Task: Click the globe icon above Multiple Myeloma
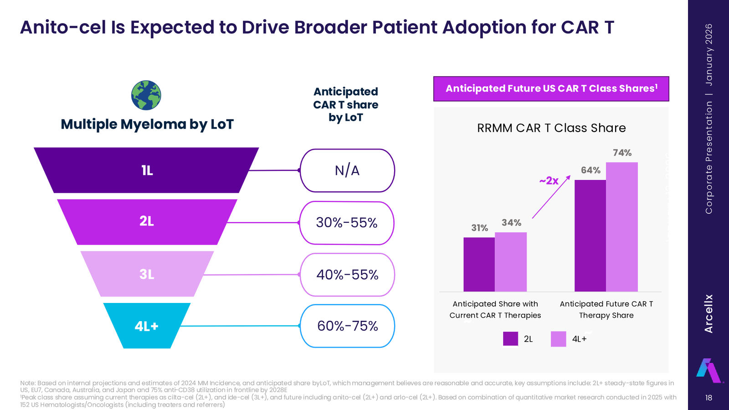(x=146, y=95)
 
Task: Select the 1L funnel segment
(x=146, y=170)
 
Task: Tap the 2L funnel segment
(x=147, y=222)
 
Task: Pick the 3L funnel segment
(x=147, y=274)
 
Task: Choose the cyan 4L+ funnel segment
(x=147, y=326)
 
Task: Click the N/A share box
(x=347, y=170)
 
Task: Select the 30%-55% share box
(x=347, y=223)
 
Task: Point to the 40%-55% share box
(x=347, y=275)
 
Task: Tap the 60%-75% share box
(x=347, y=326)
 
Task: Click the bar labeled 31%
(x=479, y=265)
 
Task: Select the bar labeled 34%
(x=511, y=262)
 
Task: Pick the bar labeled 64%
(x=590, y=236)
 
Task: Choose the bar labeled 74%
(x=621, y=227)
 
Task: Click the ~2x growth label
(x=549, y=180)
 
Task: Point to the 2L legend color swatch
(x=510, y=339)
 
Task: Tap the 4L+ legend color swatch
(x=558, y=339)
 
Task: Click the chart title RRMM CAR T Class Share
(x=551, y=128)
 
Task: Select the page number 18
(x=708, y=397)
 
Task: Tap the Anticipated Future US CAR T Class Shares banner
(x=551, y=89)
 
